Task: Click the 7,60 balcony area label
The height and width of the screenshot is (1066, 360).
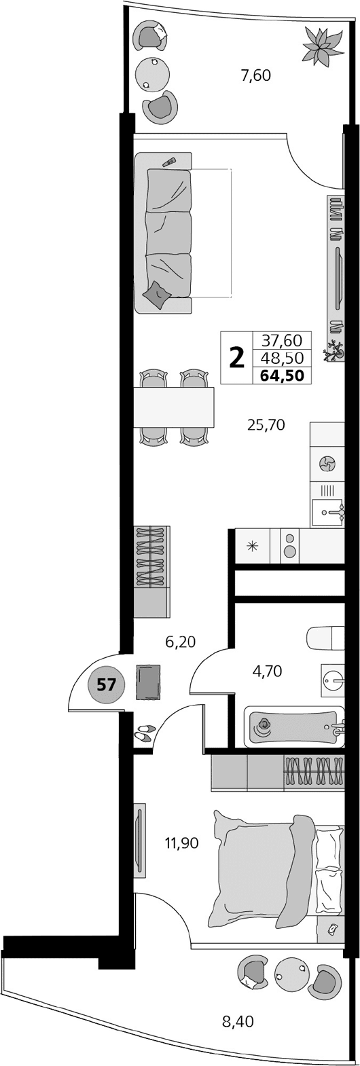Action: coord(255,75)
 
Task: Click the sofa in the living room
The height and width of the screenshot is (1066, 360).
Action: coord(164,233)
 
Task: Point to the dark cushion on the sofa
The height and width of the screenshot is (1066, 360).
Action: coord(159,293)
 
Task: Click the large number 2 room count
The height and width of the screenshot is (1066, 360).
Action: coord(236,356)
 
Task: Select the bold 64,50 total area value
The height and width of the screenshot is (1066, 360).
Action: coord(281,374)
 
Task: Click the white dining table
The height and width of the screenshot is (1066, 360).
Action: coord(174,407)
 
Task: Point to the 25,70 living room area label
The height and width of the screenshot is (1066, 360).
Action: coord(266,426)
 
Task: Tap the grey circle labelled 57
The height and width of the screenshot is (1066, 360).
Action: coord(105,684)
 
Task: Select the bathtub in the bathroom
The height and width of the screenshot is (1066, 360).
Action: coord(292,727)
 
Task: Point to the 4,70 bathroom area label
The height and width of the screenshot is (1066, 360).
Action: coord(267,672)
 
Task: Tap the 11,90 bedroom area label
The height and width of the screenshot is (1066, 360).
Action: coord(181,843)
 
